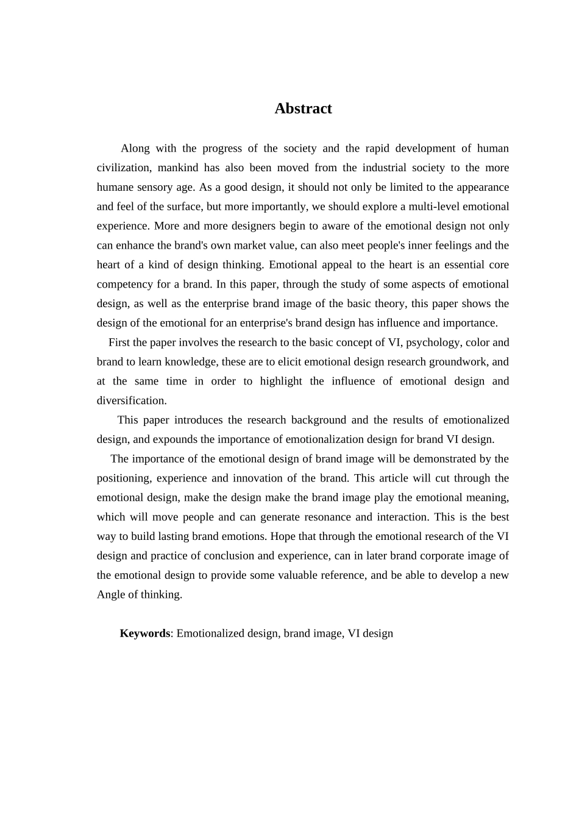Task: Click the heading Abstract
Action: point(303,108)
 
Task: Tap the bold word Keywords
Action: point(144,633)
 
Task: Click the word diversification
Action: point(132,401)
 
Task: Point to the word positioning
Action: point(124,478)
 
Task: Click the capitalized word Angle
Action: point(111,595)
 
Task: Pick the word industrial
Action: point(378,168)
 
